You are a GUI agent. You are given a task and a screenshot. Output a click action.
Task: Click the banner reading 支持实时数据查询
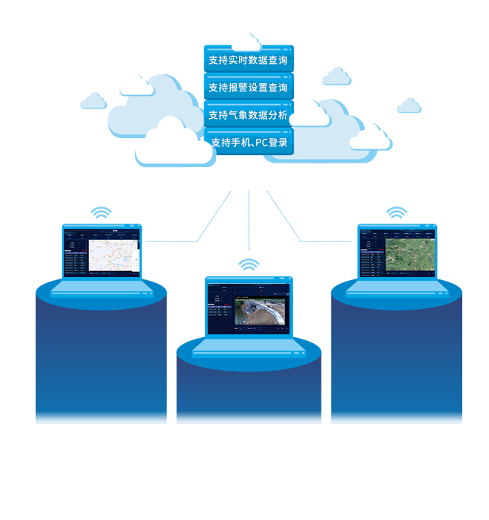tap(248, 60)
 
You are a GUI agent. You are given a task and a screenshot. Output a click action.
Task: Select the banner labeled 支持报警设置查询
tap(248, 88)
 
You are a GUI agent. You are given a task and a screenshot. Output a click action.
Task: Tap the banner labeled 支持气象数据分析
tap(248, 115)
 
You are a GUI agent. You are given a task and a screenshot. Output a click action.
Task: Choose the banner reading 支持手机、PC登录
tap(249, 142)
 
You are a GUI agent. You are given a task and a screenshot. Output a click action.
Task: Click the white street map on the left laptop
tap(112, 256)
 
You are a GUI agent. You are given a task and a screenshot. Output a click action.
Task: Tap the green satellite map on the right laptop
tap(410, 255)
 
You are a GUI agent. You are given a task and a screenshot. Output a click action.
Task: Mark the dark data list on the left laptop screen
tap(76, 261)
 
